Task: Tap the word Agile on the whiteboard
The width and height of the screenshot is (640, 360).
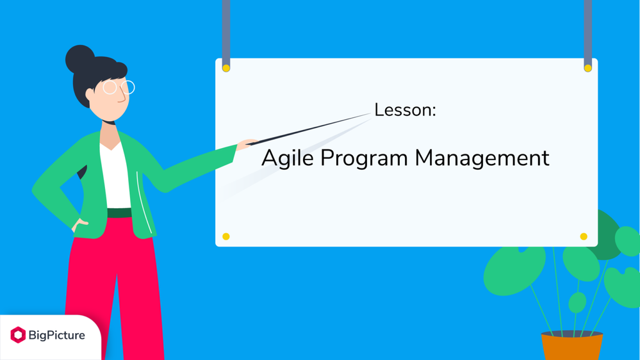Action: (288, 158)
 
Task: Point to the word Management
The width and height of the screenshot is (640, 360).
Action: (482, 158)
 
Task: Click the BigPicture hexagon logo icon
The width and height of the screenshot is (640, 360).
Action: (18, 335)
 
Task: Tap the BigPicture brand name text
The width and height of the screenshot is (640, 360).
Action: (57, 336)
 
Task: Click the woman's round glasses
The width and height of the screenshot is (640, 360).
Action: (119, 87)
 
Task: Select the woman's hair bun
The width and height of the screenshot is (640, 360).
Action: (79, 58)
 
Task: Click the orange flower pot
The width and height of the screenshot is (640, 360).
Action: (572, 346)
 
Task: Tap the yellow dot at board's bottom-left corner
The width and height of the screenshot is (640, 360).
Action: (226, 236)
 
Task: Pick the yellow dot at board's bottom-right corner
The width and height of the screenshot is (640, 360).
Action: (584, 236)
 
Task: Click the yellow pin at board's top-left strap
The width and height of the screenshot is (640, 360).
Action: (226, 68)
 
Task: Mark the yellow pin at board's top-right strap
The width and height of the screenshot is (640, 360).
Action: (587, 68)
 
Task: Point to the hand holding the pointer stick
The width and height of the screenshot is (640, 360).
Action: (246, 143)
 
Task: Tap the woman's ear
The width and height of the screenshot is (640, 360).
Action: (90, 95)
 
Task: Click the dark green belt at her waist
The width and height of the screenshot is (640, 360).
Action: (120, 213)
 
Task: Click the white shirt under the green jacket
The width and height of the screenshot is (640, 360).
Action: (115, 176)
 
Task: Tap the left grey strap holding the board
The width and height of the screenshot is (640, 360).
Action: (226, 33)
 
